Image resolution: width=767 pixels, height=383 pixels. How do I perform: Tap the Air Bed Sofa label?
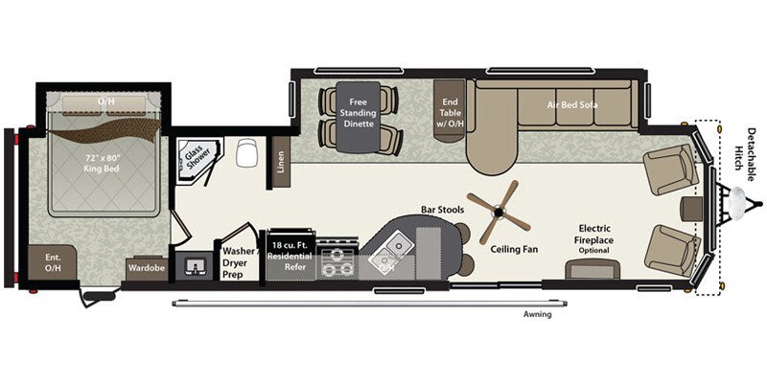tap(573, 104)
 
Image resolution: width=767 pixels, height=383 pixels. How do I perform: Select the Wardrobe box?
tap(147, 268)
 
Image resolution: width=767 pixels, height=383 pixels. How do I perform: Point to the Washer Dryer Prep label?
tap(240, 262)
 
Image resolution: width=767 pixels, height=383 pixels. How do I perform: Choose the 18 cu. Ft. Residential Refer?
tap(291, 252)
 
